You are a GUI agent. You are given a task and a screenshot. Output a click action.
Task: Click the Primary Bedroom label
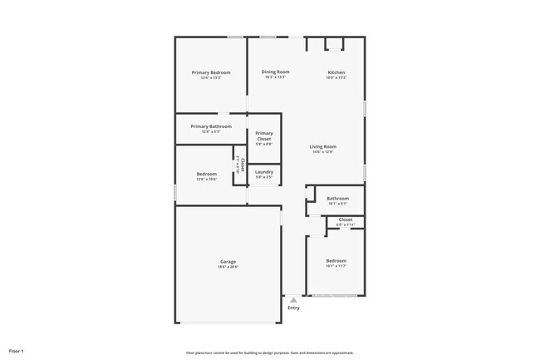(211, 73)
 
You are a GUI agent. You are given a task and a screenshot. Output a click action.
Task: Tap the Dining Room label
(275, 72)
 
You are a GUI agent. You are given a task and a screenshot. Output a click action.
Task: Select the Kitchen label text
(336, 72)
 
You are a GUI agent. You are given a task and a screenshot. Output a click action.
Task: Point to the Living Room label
(323, 146)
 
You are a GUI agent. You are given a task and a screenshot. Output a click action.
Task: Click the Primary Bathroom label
(211, 126)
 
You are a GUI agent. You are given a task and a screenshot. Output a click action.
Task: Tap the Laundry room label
(264, 172)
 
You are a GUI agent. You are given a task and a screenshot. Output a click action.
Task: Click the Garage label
(228, 262)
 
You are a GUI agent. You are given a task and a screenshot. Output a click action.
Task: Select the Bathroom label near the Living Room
(337, 199)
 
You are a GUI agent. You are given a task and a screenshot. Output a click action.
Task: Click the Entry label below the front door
(293, 308)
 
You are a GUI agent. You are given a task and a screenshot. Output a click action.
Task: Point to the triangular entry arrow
(293, 300)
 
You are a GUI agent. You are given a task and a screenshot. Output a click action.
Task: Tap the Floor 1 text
(17, 351)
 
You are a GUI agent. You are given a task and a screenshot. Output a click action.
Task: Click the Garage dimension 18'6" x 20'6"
(228, 267)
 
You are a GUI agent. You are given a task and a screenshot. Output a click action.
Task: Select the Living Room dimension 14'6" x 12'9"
(323, 152)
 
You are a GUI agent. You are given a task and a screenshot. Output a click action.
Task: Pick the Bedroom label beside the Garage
(336, 261)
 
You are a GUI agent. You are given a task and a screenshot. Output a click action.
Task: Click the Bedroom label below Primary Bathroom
(206, 174)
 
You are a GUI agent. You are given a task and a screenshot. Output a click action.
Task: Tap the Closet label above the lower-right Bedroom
(346, 219)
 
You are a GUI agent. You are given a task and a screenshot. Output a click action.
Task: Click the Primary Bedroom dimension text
(211, 78)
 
